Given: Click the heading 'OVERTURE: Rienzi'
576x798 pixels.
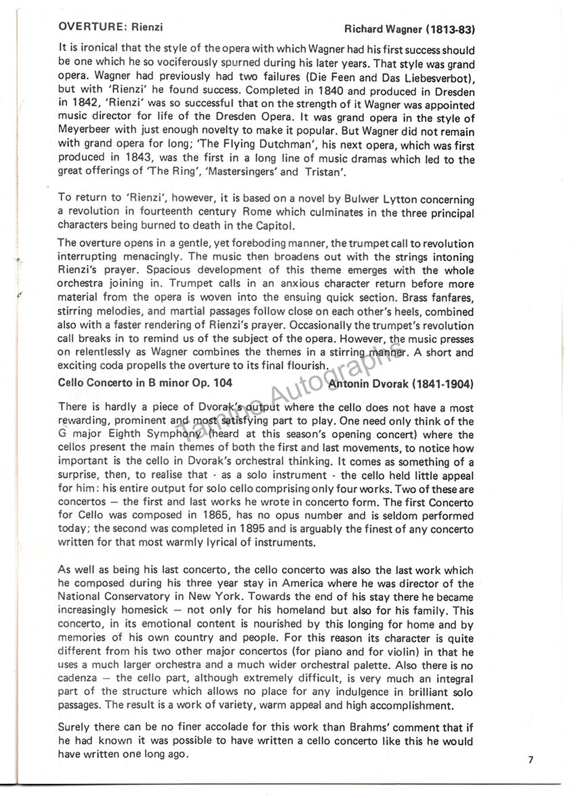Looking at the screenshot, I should tap(111, 28).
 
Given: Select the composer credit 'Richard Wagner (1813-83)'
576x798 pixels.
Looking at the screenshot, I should tap(409, 29).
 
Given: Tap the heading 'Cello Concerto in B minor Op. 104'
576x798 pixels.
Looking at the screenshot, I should tap(136, 384).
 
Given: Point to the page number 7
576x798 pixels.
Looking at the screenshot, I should tap(531, 760).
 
